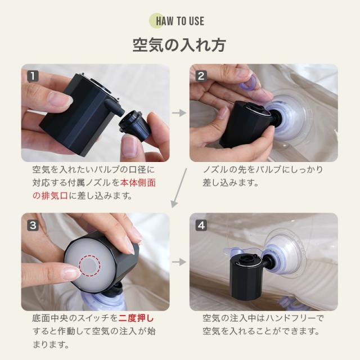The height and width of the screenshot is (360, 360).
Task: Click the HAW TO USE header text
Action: pyautogui.click(x=180, y=21)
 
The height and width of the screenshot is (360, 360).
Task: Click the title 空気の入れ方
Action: pyautogui.click(x=179, y=45)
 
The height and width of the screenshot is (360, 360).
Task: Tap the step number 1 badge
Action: pyautogui.click(x=33, y=76)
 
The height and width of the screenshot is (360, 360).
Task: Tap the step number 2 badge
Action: pyautogui.click(x=201, y=76)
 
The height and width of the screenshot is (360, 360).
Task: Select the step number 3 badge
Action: pyautogui.click(x=33, y=225)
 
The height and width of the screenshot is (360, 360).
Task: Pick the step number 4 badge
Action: pyautogui.click(x=201, y=225)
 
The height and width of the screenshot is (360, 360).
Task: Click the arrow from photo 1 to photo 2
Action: pyautogui.click(x=179, y=112)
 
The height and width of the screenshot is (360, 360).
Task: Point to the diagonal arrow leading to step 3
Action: pyautogui.click(x=179, y=188)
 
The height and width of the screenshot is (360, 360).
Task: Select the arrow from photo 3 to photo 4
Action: pyautogui.click(x=179, y=262)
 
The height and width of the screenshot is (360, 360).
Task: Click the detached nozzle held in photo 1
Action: pyautogui.click(x=134, y=125)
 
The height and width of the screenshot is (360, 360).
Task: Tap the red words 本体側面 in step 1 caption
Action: pyautogui.click(x=138, y=183)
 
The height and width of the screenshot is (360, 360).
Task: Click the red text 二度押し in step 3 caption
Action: pyautogui.click(x=136, y=318)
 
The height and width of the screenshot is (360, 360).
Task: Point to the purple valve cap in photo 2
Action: pyautogui.click(x=249, y=84)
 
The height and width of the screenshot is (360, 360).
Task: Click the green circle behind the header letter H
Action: pyautogui.click(x=156, y=21)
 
